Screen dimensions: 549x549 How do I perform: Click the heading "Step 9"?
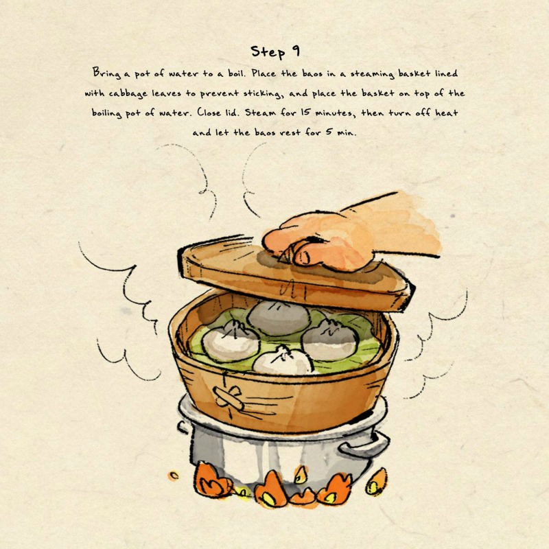click(275, 51)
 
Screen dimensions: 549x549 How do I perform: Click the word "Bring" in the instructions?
click(106, 73)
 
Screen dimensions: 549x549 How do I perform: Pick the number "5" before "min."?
click(329, 132)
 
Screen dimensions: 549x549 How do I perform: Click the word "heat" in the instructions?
click(446, 113)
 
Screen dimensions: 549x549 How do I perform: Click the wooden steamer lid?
click(294, 277)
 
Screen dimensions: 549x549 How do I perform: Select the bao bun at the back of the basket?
click(279, 317)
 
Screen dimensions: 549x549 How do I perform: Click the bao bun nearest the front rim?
click(282, 361)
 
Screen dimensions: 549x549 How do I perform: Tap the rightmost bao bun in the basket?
click(330, 339)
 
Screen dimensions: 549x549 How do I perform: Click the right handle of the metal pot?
click(364, 444)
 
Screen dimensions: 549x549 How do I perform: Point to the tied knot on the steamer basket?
click(229, 397)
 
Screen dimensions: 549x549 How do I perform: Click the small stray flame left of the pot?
click(174, 476)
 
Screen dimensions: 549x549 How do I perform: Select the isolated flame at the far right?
click(376, 482)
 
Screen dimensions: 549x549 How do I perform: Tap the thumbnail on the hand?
click(303, 257)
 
